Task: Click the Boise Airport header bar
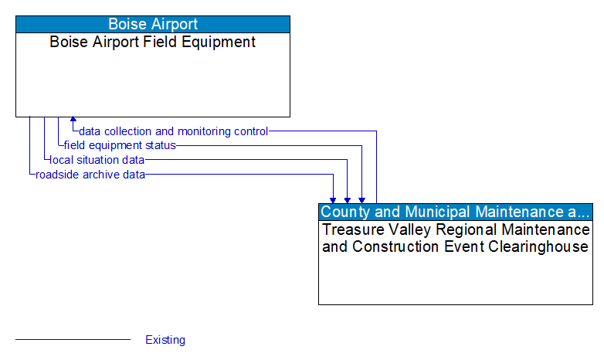click(153, 24)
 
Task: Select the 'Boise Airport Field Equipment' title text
click(153, 42)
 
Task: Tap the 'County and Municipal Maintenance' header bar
click(456, 212)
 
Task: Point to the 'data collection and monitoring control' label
click(173, 131)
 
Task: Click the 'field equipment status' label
click(120, 145)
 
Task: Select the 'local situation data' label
click(97, 160)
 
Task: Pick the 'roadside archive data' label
click(90, 175)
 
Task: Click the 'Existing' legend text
click(165, 340)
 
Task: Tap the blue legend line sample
click(73, 340)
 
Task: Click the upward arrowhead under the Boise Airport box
click(73, 121)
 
